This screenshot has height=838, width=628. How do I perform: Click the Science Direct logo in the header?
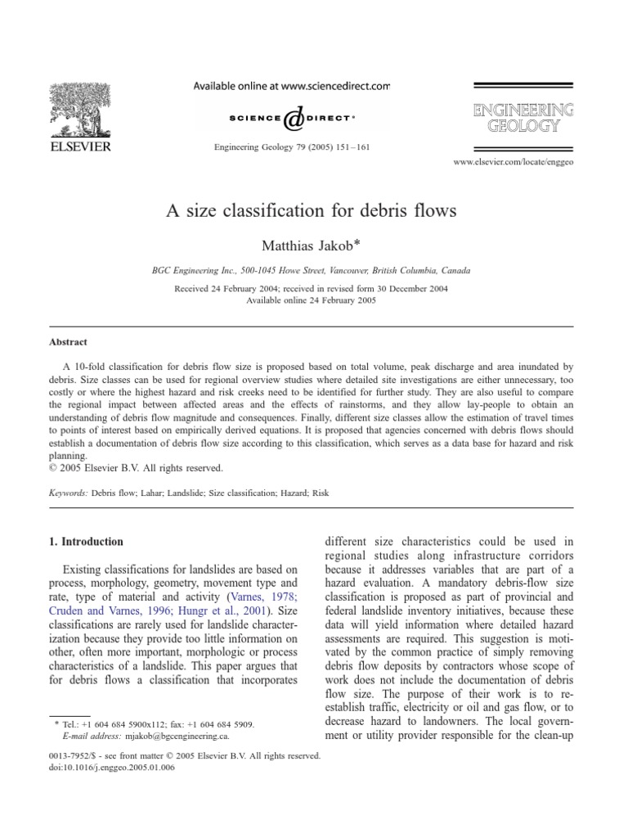291,119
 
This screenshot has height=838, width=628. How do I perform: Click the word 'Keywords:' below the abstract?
66,493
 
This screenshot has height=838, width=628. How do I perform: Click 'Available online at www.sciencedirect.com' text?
291,84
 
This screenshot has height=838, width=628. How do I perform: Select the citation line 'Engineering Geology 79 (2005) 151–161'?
291,147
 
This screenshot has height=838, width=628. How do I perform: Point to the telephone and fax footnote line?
153,724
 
